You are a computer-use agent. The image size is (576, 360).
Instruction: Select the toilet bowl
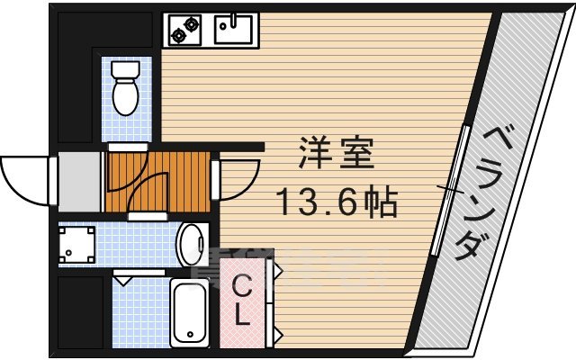coord(124,94)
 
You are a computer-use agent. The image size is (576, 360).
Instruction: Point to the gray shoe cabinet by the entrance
coord(79,180)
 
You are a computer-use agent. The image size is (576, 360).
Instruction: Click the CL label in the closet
coord(242,301)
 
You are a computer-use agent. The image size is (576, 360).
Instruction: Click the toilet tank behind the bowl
coord(124,69)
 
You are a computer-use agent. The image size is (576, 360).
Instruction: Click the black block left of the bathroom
coord(81,311)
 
